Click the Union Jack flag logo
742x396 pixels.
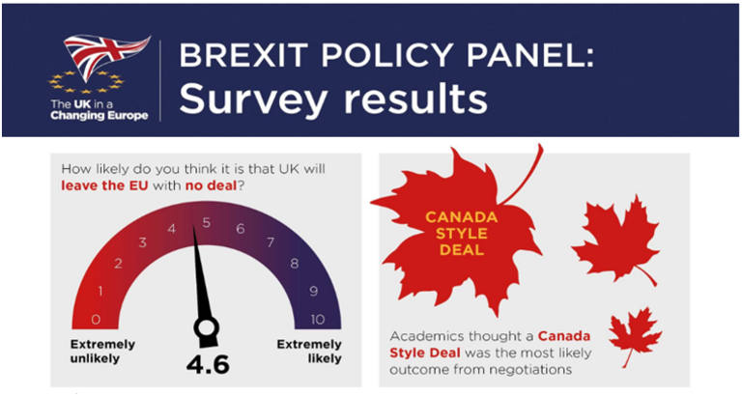click(106, 56)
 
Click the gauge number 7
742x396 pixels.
click(271, 241)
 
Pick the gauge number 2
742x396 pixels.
click(118, 263)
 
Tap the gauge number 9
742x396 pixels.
click(313, 290)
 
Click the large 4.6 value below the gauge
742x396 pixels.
click(207, 367)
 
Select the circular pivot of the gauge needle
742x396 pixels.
click(207, 331)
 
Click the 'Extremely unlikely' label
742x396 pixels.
click(103, 352)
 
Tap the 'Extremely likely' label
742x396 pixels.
click(309, 352)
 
